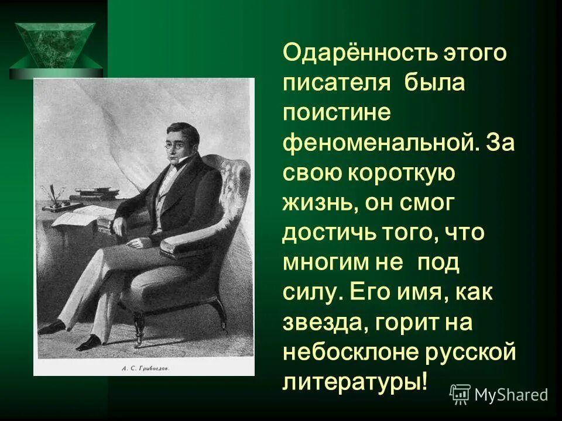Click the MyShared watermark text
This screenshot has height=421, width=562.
click(x=511, y=395)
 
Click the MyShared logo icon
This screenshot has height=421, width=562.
click(x=460, y=395)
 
